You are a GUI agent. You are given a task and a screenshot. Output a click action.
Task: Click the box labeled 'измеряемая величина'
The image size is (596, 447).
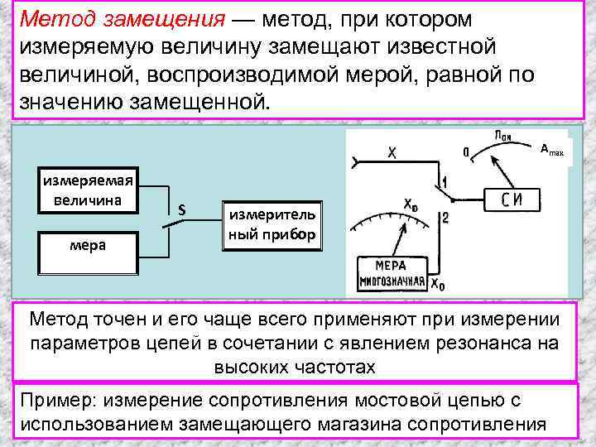(88, 190)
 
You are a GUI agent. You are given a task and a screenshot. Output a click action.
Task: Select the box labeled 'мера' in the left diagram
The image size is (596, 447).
(87, 245)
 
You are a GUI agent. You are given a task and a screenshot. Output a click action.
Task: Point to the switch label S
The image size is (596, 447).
(182, 211)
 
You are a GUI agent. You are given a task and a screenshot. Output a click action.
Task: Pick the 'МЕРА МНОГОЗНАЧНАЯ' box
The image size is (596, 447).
(392, 274)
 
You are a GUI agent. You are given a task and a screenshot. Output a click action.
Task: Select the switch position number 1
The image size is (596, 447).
(445, 181)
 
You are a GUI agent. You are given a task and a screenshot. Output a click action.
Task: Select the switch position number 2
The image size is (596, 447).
(445, 218)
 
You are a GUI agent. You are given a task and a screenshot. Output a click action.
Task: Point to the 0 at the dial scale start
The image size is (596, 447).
(467, 151)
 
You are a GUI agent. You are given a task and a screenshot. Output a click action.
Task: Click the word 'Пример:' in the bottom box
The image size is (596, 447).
(54, 401)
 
